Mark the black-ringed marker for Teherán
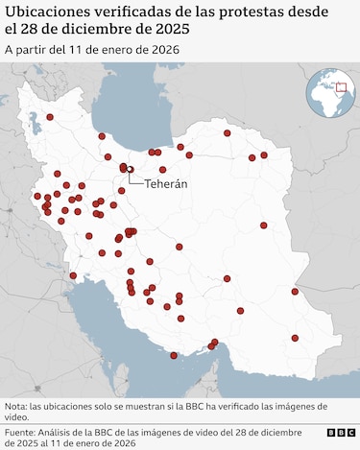point(130,169)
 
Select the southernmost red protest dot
point(174,355)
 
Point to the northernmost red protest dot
point(50,117)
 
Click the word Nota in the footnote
point(17,407)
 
